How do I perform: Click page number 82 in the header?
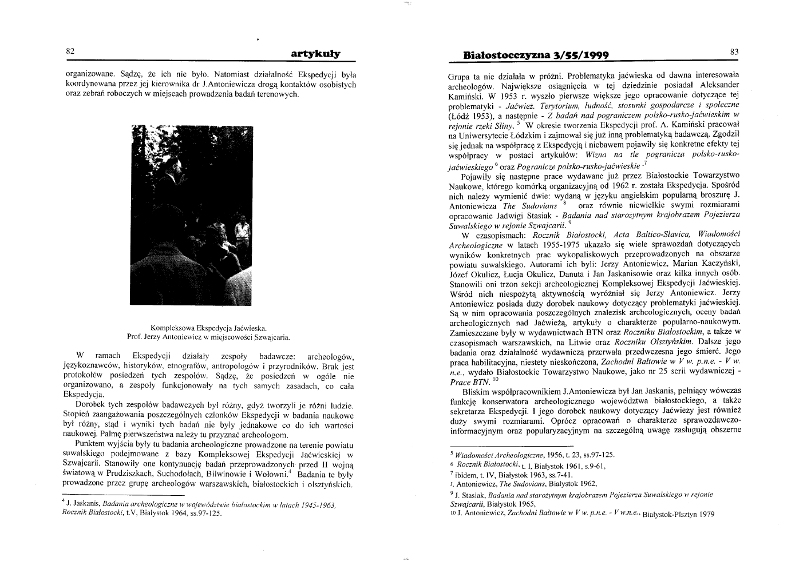70,51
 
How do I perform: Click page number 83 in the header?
734,51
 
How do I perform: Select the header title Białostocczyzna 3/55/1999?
535,55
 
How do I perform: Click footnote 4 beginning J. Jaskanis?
197,507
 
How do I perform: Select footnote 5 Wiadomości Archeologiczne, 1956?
532,455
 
